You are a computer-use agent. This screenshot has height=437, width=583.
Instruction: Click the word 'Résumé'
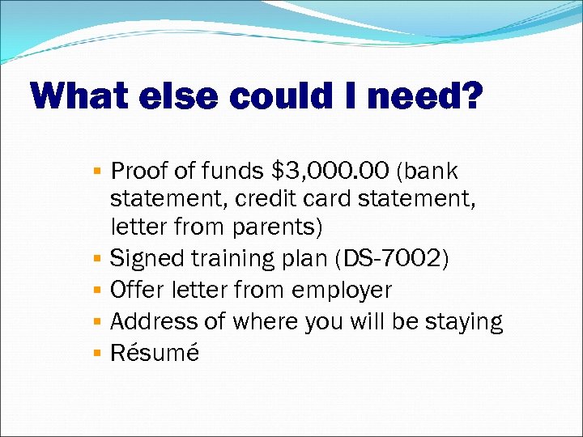point(154,353)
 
